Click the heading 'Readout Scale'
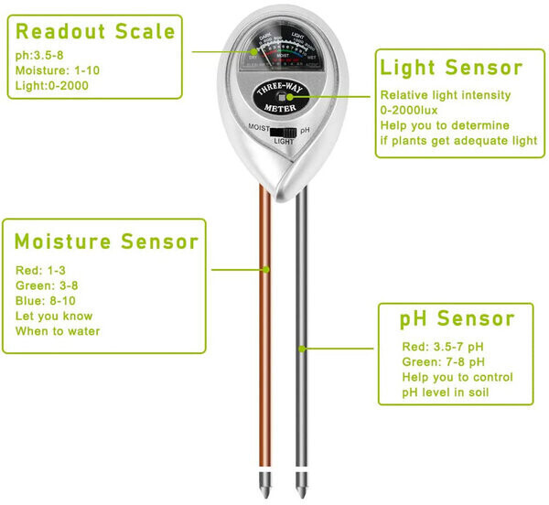tap(96, 32)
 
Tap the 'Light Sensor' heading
tap(451, 69)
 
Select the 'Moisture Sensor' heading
tap(106, 242)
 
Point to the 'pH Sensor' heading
tap(457, 318)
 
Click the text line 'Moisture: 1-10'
tap(53, 70)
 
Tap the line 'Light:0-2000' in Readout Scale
tap(48, 86)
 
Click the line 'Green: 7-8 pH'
tap(442, 362)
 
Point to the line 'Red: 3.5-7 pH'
tap(442, 347)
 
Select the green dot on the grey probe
tap(303, 349)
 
